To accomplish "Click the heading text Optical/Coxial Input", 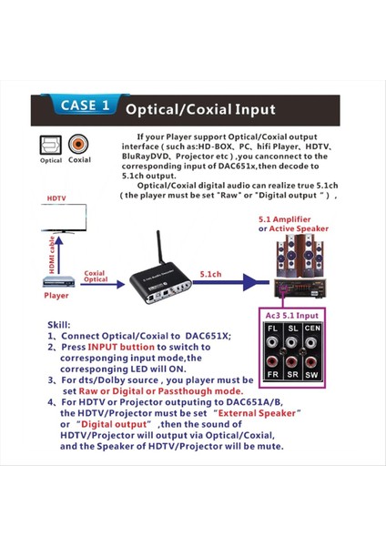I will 199,110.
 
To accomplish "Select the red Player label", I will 56,296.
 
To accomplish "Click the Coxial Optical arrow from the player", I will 96,278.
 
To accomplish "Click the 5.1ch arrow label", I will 211,273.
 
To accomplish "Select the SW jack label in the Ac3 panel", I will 312,374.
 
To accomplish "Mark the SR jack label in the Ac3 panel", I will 292,374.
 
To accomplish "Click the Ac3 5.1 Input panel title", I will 291,314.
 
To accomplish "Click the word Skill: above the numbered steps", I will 59,324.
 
